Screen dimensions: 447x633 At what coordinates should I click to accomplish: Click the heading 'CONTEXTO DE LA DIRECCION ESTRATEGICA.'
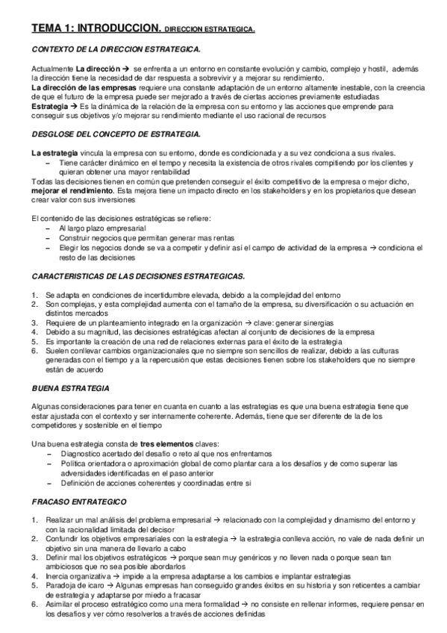[x=116, y=49]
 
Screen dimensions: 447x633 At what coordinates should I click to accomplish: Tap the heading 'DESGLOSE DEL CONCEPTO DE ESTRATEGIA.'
[x=116, y=134]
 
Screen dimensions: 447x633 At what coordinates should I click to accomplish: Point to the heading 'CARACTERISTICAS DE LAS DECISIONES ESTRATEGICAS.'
[x=139, y=276]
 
